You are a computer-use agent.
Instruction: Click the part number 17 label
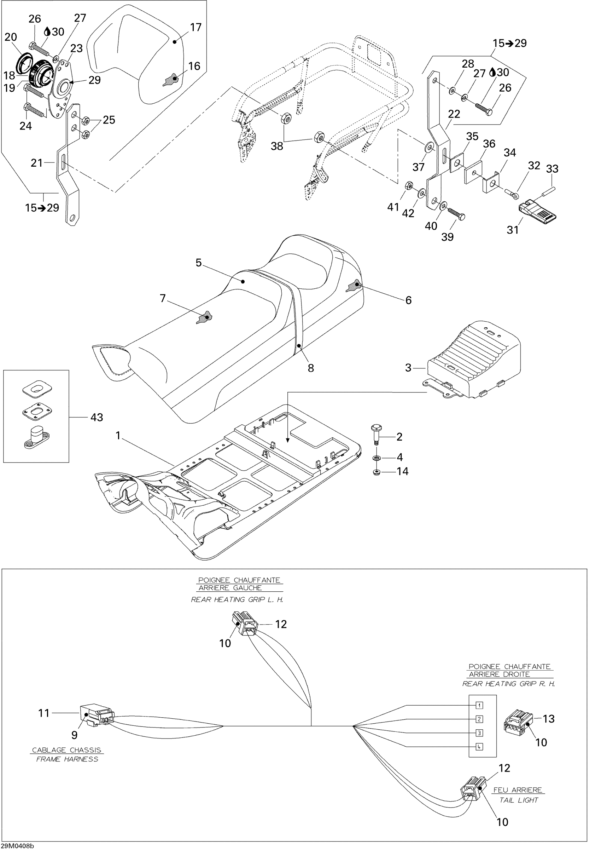pyautogui.click(x=196, y=27)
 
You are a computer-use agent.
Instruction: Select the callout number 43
pyautogui.click(x=97, y=418)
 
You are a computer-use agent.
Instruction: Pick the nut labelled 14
pyautogui.click(x=377, y=472)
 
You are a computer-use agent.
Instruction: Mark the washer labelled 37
pyautogui.click(x=429, y=148)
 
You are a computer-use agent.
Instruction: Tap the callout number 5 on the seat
pyautogui.click(x=199, y=263)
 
